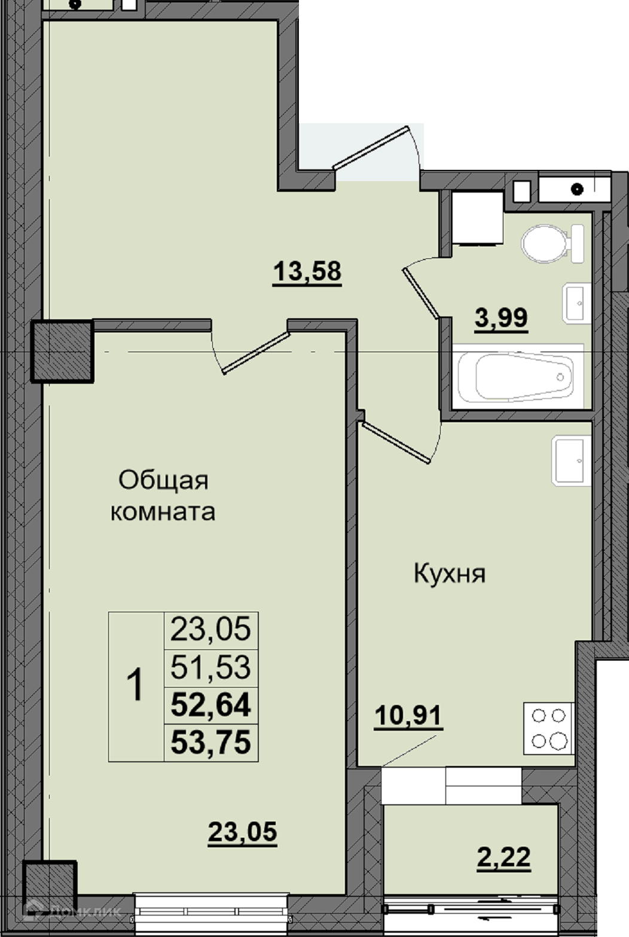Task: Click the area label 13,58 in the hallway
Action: point(307,273)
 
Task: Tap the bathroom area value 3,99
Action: point(501,319)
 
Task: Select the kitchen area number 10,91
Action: point(408,717)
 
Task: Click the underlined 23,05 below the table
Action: point(243,834)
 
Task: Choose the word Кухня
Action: point(450,573)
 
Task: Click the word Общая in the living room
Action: point(163,481)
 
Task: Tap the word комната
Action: point(163,512)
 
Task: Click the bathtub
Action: point(518,377)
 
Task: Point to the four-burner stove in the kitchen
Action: point(549,728)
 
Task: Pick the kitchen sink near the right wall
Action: point(571,460)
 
